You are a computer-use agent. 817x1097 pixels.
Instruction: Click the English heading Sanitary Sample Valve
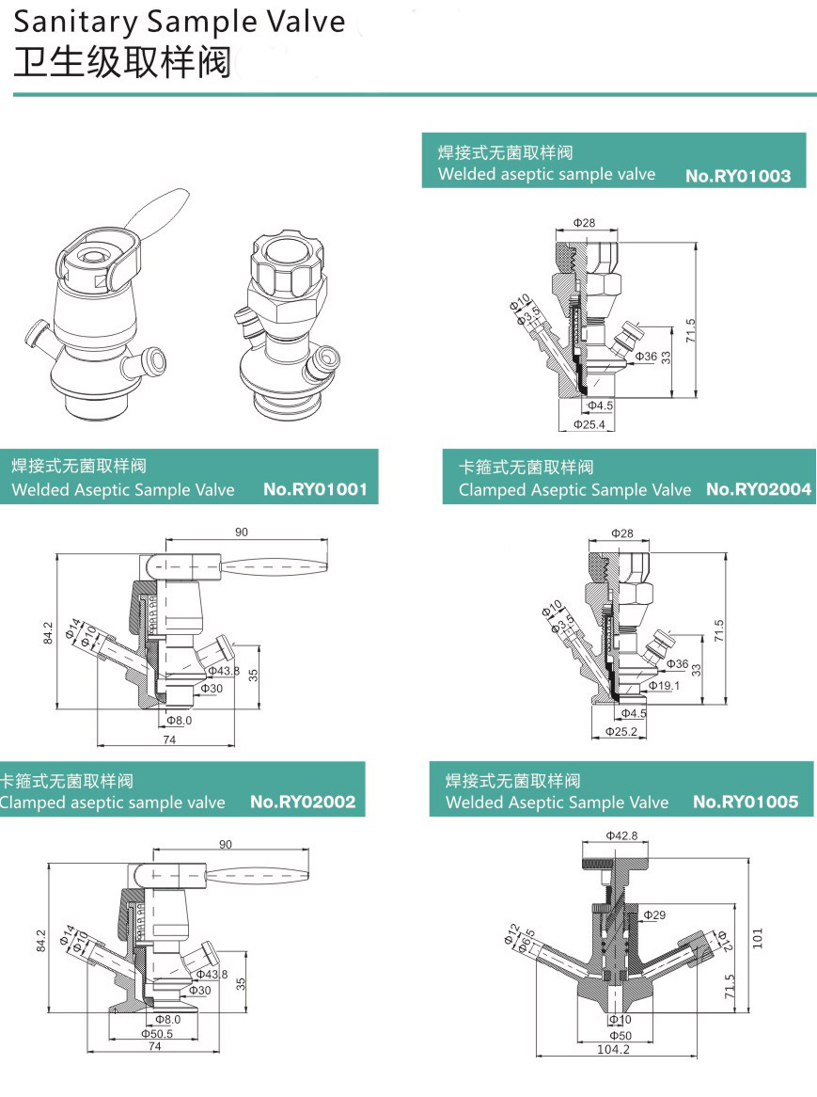click(179, 21)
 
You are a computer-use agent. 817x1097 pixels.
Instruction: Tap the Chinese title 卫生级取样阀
click(122, 61)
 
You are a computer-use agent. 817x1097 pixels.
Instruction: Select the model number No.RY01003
click(738, 175)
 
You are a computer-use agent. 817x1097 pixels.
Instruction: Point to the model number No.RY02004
click(758, 489)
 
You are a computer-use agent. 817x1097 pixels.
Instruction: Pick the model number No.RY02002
click(303, 803)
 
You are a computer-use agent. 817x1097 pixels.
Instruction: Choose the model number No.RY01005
click(745, 803)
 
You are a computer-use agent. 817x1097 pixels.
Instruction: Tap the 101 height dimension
click(759, 937)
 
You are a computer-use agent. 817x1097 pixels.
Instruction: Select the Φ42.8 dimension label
click(621, 835)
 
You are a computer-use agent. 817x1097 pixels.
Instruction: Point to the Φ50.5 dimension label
click(157, 1033)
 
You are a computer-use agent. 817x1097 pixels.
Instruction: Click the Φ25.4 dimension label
click(589, 424)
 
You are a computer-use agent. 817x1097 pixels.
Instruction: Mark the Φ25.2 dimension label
click(621, 731)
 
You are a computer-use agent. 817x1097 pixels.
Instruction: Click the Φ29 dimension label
click(654, 914)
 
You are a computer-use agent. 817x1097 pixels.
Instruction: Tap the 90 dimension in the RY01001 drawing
click(242, 533)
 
